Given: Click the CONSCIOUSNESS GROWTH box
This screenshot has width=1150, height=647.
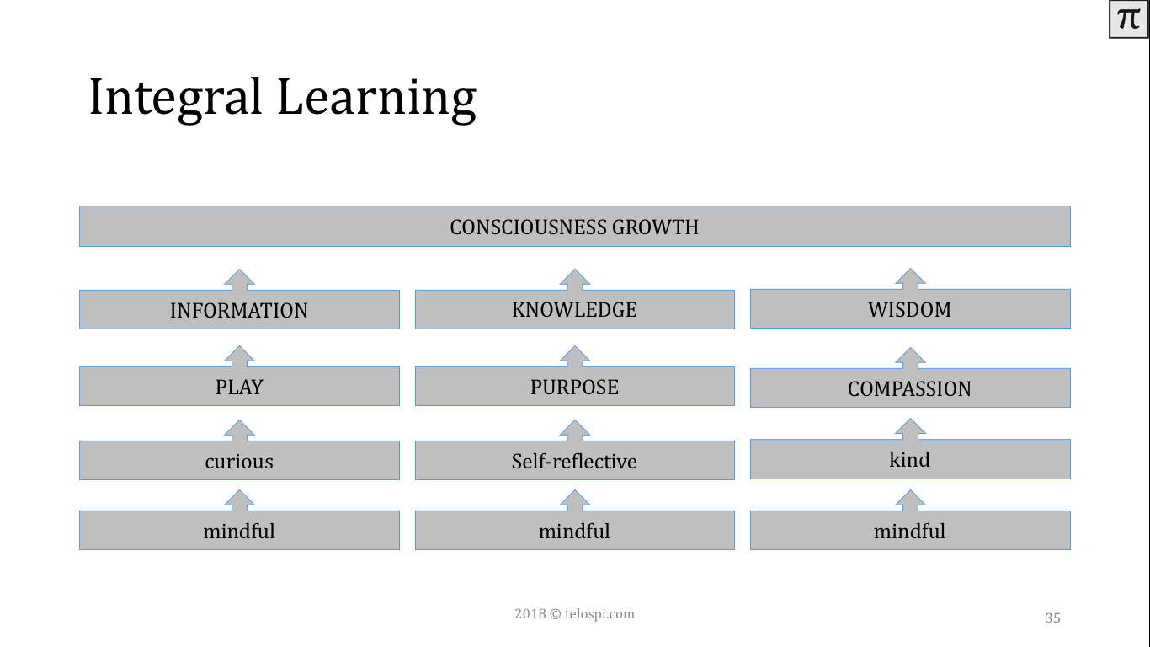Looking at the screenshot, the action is coord(574,226).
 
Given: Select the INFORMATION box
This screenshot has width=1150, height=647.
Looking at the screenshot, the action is coord(239,309).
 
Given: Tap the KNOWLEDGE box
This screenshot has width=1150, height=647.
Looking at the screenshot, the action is coord(574,309).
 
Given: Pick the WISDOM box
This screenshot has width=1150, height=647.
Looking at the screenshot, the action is coord(910,309).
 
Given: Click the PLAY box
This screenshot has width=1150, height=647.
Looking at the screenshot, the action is coord(239,386).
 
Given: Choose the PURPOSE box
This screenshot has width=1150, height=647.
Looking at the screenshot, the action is coord(574,386).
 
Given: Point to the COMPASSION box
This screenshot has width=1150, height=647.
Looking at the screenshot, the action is coord(910,388).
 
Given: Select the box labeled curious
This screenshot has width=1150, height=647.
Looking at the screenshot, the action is coord(239,460).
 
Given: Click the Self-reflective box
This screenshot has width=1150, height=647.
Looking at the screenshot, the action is coord(574,460).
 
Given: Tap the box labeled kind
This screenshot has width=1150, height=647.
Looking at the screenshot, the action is coord(910,459).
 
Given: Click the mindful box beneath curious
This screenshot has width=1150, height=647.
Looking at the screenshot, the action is coord(239,530).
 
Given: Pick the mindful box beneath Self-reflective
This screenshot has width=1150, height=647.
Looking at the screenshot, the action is coord(574,530).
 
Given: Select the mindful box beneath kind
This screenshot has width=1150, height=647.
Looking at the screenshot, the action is coord(910,530).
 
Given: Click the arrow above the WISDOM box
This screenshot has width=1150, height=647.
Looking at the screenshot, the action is coord(910,279).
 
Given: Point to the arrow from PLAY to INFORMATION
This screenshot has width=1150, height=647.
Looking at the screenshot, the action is coord(239,356).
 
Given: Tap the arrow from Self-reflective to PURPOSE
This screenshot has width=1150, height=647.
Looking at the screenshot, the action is coord(574,430).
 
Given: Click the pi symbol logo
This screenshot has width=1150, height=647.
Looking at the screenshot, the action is coord(1128,19).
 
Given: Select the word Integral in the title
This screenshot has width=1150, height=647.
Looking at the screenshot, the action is coord(176,98).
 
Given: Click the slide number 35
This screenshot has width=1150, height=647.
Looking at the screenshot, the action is coord(1052,618).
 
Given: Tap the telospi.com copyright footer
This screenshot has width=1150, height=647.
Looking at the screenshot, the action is coord(574,613).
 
